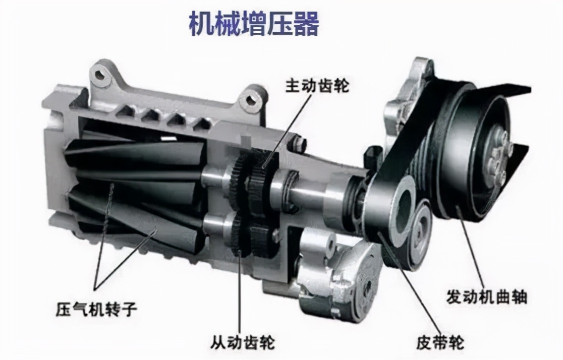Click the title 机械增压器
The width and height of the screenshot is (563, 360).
coord(254,24)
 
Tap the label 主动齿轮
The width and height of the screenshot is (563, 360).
coord(317,86)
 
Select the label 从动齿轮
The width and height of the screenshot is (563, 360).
coord(243,342)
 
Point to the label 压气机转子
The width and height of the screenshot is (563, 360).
coord(96,309)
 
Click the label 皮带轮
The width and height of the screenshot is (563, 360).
coord(440,342)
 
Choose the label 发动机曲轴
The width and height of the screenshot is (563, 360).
coord(486,297)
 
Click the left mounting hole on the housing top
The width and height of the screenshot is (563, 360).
coord(101,76)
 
